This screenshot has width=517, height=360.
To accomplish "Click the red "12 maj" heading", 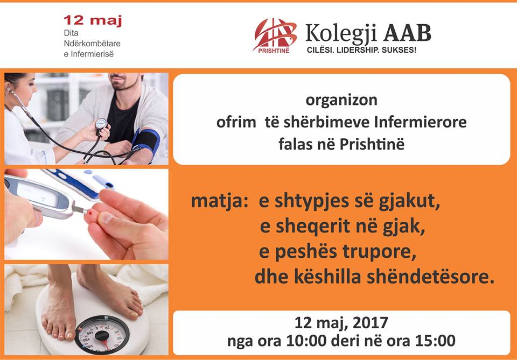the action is (x=93, y=20).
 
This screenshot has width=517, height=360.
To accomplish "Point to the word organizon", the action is (x=341, y=100).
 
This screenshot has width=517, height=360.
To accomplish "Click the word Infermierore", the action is (x=421, y=122).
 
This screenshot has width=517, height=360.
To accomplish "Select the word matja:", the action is (x=219, y=201).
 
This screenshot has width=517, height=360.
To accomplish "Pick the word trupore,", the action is (x=379, y=252).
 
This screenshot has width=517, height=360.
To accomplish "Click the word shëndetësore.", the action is (x=431, y=277).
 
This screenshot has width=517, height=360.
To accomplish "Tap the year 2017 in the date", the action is (x=371, y=323).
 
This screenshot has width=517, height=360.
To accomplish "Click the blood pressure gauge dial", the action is (x=101, y=124).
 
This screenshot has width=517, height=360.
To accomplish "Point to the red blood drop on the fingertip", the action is (x=90, y=213).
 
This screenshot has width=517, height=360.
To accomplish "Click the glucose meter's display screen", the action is (x=37, y=194).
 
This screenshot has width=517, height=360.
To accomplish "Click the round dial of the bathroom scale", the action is (x=101, y=335).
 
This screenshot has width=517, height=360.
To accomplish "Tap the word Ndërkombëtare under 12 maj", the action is (x=92, y=44).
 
